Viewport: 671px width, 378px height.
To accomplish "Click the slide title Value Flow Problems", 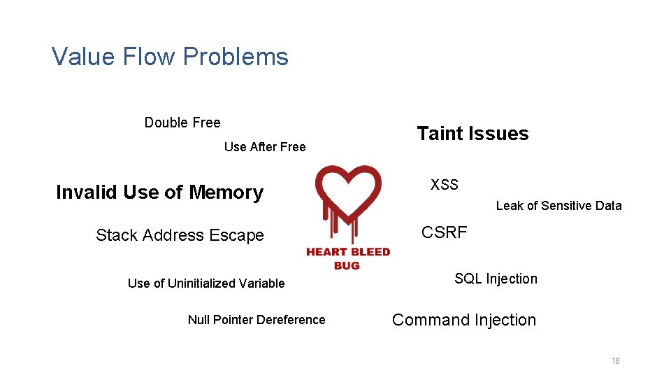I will click(170, 57).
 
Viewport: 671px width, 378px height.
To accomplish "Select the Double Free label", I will click(182, 122).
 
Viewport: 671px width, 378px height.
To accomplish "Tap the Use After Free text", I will click(265, 147).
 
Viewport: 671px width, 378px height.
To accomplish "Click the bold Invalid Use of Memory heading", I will click(159, 192).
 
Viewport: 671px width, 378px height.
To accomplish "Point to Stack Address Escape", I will click(180, 235).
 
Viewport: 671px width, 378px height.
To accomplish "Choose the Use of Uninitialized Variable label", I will click(206, 283).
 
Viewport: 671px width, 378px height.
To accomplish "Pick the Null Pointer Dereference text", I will click(257, 320).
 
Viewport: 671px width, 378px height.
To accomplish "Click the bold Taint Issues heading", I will click(472, 134).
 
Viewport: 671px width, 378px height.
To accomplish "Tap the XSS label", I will click(445, 185).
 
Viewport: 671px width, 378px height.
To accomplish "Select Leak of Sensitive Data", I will click(558, 206).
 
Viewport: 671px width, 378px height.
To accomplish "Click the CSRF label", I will click(445, 232).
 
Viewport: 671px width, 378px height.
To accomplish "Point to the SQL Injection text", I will click(496, 279).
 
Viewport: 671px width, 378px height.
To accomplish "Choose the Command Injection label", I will click(464, 320).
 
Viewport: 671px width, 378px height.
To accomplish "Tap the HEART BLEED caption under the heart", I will click(348, 252).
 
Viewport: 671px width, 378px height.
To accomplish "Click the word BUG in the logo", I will click(347, 265).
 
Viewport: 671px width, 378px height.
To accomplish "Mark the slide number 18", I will click(616, 361).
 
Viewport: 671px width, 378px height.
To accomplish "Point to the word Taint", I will click(440, 134).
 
